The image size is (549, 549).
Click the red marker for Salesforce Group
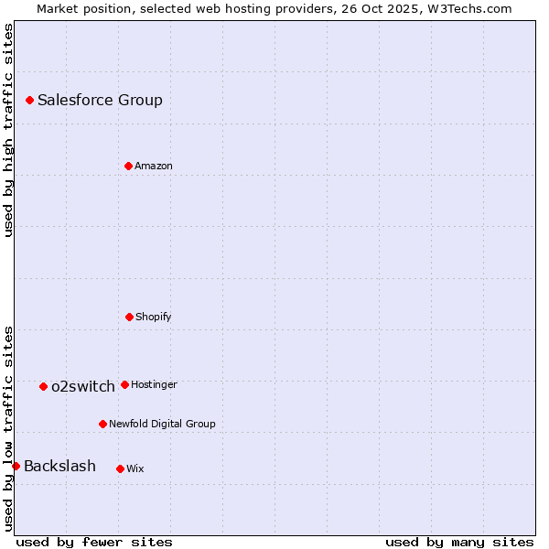point(29,100)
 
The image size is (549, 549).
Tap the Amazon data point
point(128,166)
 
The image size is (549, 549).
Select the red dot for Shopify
point(129,317)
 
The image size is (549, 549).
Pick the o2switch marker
point(43,386)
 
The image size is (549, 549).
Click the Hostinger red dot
point(124,384)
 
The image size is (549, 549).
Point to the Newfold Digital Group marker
point(102,424)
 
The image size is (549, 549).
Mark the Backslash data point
point(16,466)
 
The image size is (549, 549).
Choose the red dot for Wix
point(120,468)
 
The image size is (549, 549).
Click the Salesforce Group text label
point(100,100)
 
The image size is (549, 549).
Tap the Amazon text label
point(154,166)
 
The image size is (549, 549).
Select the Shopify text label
point(154,317)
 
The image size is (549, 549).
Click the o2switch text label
point(83,386)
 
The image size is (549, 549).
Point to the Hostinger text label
point(154,384)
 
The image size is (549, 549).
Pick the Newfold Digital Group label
point(162,424)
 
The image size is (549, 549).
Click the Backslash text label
point(59,466)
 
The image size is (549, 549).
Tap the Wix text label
point(135,468)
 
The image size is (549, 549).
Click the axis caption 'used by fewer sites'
point(94,542)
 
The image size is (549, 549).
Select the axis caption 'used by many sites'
point(459,542)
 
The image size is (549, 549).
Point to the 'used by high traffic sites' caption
point(8,130)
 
